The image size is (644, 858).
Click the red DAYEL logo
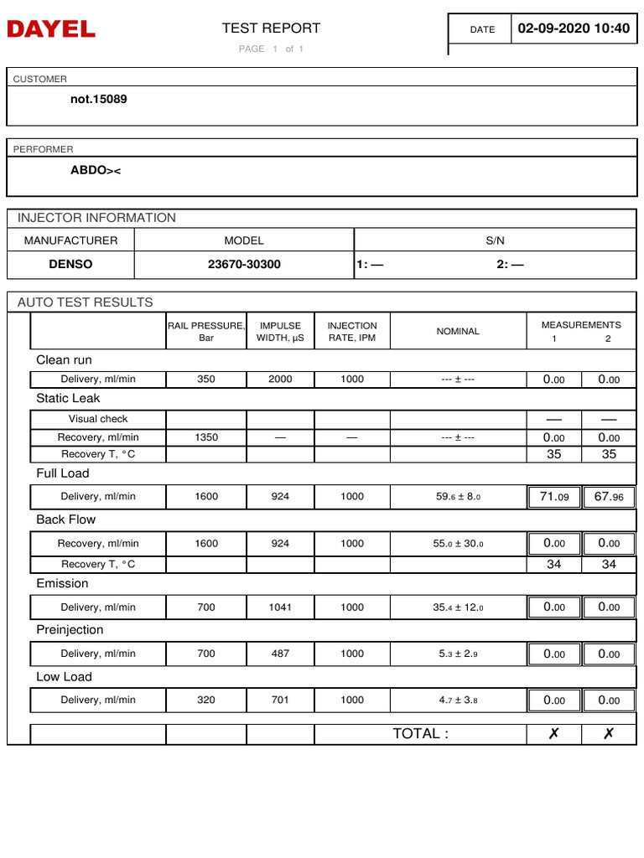[51, 30]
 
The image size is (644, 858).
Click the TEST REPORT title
[271, 28]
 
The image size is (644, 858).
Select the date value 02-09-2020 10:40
[573, 28]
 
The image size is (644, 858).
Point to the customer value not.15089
[99, 99]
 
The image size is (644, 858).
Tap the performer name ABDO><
[96, 170]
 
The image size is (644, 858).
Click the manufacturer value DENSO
[70, 264]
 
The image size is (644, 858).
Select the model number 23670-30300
[244, 264]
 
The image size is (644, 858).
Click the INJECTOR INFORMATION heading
[96, 218]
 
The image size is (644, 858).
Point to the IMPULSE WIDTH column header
[280, 332]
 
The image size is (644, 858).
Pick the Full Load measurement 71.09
[553, 497]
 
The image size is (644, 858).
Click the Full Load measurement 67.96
[609, 497]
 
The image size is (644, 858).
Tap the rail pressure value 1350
[206, 437]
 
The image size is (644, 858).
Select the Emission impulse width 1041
[280, 607]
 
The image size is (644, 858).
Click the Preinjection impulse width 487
[280, 654]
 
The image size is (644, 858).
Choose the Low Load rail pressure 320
[206, 700]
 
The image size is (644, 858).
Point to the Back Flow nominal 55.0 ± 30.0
[458, 544]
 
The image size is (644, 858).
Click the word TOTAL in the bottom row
[420, 734]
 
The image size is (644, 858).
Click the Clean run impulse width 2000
[280, 380]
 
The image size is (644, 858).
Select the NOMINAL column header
[458, 332]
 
